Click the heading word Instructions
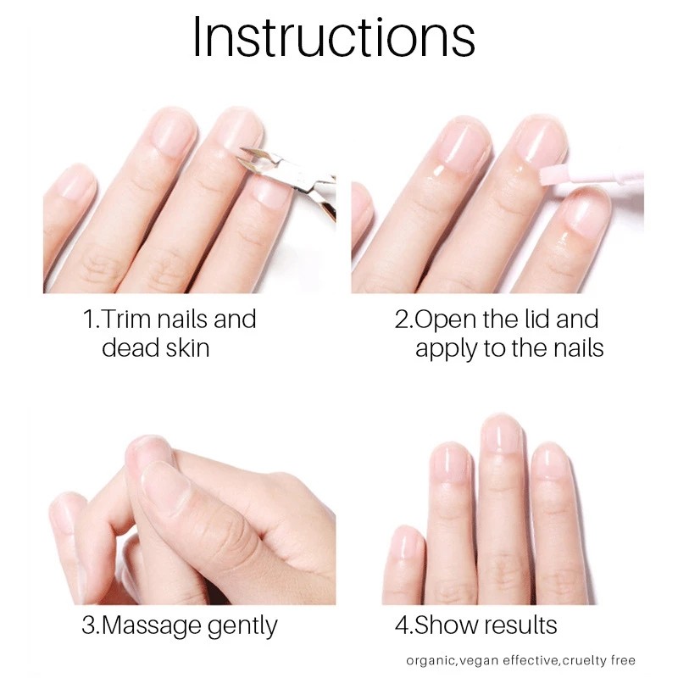click(x=333, y=38)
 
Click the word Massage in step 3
click(x=157, y=626)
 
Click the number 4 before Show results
click(x=401, y=626)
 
